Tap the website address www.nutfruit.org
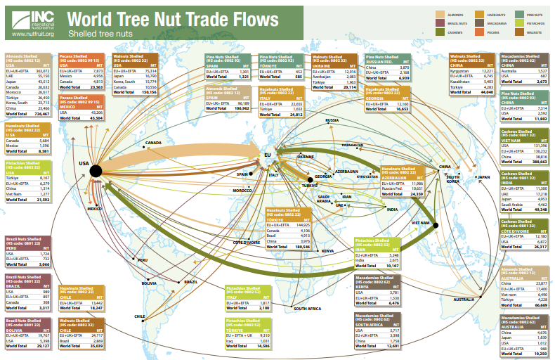click(x=33, y=33)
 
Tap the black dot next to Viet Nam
click(x=436, y=226)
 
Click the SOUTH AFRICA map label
click(x=308, y=309)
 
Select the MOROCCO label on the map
click(x=242, y=191)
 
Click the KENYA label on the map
click(x=328, y=251)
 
